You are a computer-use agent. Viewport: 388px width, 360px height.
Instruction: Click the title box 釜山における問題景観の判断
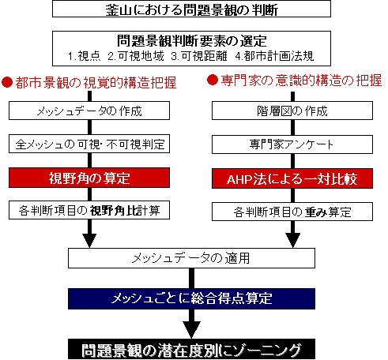click(x=191, y=9)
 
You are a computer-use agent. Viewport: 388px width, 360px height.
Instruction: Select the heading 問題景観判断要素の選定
click(x=192, y=41)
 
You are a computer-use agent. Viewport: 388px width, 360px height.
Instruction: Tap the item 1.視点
click(x=85, y=56)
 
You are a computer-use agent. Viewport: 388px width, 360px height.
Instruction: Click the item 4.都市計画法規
click(x=274, y=56)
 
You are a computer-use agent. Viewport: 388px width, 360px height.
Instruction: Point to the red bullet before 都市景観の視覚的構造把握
click(x=7, y=82)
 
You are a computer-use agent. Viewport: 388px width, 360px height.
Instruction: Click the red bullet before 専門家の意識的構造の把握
click(x=213, y=80)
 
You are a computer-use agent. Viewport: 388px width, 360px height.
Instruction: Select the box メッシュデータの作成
click(x=89, y=111)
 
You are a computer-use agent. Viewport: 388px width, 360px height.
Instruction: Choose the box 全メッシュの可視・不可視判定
click(x=89, y=144)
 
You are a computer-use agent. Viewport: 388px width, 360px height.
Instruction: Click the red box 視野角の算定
click(x=89, y=178)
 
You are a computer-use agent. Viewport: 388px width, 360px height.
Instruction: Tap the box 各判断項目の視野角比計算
click(x=89, y=210)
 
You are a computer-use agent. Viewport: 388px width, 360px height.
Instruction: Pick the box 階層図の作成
click(x=292, y=111)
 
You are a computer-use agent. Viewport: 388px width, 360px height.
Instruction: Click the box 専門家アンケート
click(x=292, y=144)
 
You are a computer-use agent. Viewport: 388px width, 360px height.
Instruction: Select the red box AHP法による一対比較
click(x=292, y=178)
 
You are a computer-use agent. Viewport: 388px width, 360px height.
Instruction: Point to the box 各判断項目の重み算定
click(x=292, y=212)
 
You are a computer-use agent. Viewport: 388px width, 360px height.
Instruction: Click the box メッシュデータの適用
click(x=191, y=258)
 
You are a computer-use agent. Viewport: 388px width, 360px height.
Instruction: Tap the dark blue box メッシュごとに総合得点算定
click(x=191, y=298)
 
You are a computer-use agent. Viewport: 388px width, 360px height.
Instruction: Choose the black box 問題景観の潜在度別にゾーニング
click(x=191, y=350)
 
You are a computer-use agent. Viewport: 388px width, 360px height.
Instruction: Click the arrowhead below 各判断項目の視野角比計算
click(x=89, y=240)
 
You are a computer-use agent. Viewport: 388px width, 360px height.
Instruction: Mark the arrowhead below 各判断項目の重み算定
click(x=293, y=240)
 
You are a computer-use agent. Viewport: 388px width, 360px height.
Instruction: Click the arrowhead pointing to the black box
click(x=191, y=330)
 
